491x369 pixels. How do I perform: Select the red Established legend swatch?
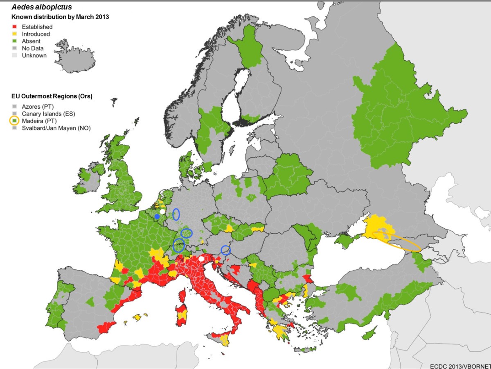(x=14, y=27)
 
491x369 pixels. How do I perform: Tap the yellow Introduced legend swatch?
(x=14, y=34)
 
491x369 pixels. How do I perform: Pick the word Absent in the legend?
(x=31, y=41)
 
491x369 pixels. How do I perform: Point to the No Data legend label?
(x=33, y=48)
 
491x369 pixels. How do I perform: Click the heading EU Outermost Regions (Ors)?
(x=52, y=97)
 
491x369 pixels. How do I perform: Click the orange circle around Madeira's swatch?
(x=14, y=121)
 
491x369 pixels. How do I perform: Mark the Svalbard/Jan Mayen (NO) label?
(x=56, y=128)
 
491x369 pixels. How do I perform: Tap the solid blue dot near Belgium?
(x=157, y=216)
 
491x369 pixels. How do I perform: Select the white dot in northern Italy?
(x=201, y=259)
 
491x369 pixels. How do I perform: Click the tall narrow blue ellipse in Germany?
(x=176, y=214)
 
